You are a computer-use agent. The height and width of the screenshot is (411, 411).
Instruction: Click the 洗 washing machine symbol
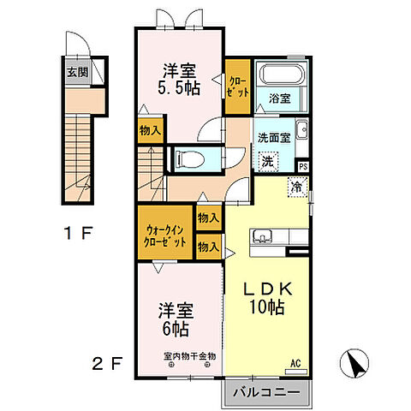[x=268, y=159]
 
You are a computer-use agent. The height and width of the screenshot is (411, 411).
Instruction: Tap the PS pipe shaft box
[x=302, y=166]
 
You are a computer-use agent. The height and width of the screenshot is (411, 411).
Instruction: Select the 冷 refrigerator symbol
[x=296, y=186]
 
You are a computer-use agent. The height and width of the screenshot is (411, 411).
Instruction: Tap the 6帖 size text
[x=177, y=328]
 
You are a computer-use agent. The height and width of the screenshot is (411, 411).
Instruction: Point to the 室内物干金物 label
[x=177, y=355]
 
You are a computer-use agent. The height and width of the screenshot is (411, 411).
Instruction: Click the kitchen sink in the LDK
[x=261, y=236]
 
